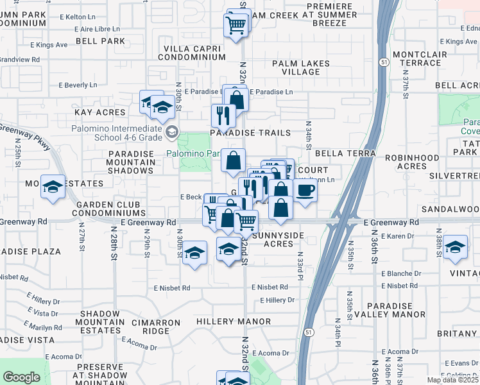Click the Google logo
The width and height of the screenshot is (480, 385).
22,377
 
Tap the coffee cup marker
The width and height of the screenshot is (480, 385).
305,191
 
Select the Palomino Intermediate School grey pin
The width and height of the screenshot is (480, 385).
171,132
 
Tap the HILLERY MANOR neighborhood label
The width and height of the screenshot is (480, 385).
234,321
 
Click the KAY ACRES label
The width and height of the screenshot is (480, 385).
99,112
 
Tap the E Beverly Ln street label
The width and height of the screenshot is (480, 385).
78,85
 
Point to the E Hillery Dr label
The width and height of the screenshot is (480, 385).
277,300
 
